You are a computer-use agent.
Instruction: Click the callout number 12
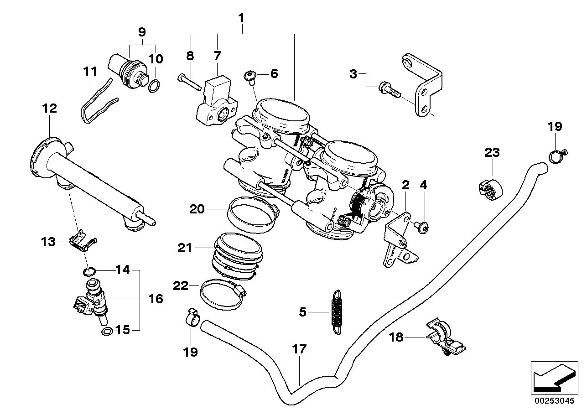[x=50, y=109]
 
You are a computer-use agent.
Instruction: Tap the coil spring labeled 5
[x=336, y=312]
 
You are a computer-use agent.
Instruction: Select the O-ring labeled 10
[x=155, y=86]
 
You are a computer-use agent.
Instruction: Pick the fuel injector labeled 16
[x=94, y=301]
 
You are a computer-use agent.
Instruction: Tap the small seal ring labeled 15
[x=106, y=331]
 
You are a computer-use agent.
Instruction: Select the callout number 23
[x=492, y=153]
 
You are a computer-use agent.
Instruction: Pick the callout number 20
[x=197, y=209]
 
